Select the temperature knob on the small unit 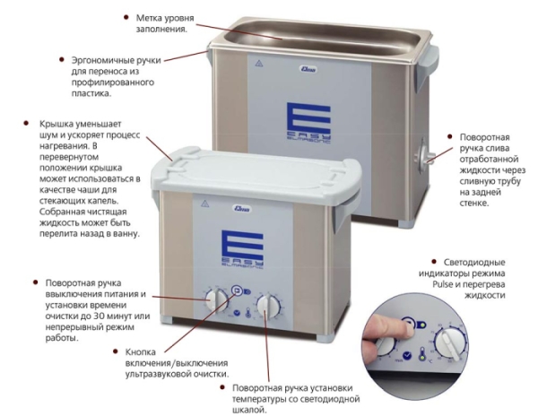(268, 306)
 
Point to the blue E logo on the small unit (243, 247)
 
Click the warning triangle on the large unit (259, 63)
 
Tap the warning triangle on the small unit (204, 204)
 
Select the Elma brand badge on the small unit (243, 209)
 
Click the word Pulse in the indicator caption (442, 284)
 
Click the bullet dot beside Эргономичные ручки (62, 60)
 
